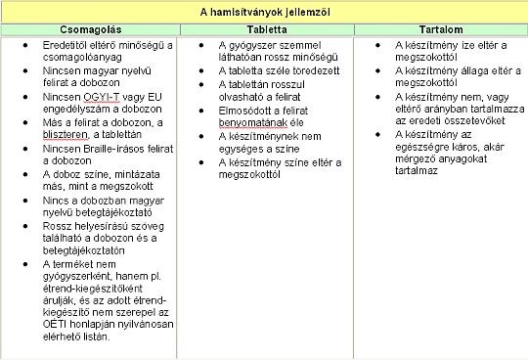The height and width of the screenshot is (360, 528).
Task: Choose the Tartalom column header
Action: point(440,30)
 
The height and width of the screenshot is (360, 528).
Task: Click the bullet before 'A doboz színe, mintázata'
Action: point(32,172)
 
